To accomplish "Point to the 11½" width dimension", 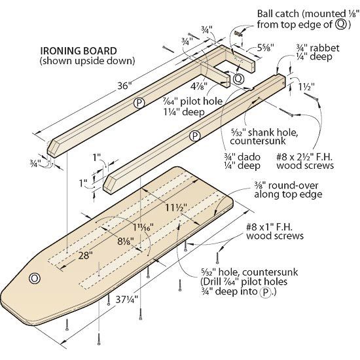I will (173, 208).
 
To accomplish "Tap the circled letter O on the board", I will (35, 278).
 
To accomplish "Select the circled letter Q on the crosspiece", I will (238, 78).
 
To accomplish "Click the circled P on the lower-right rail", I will (194, 136).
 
